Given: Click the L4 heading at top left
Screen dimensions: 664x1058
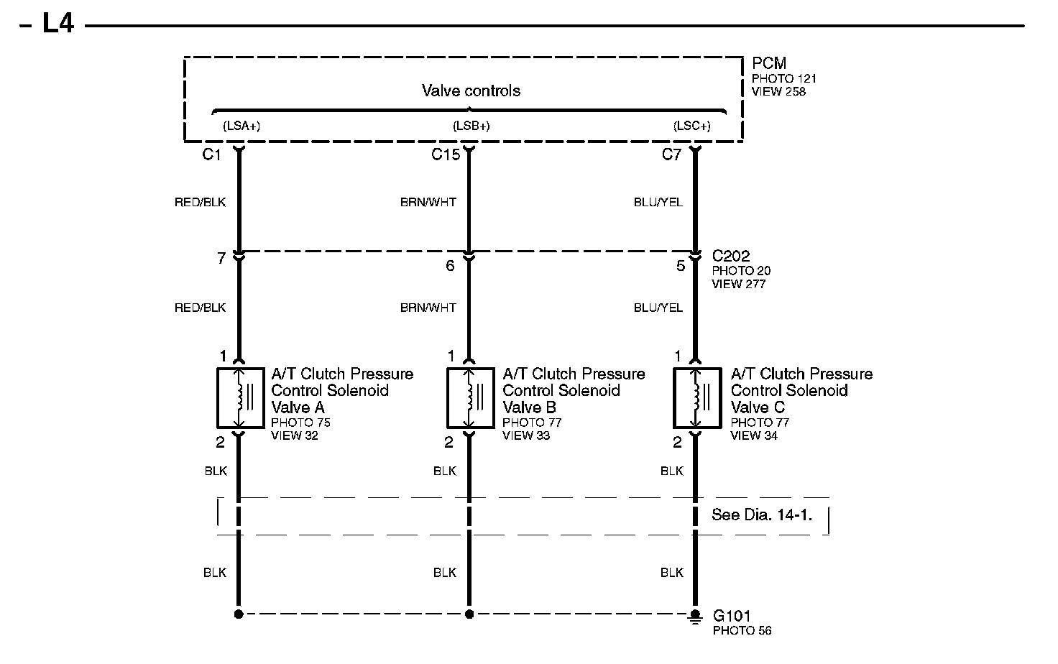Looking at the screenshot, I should pos(57,24).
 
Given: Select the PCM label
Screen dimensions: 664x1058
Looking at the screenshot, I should pos(769,63).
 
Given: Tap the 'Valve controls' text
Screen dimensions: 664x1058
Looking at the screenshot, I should pos(471,91).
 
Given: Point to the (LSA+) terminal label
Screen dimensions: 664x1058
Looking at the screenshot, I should pos(241,126).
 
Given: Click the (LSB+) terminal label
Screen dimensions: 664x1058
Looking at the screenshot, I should pos(471,126).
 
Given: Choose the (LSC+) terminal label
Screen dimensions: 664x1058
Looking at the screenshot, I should pos(692,126).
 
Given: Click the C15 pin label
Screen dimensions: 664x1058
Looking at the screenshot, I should pos(446,155).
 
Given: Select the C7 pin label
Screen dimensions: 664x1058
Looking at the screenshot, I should pos(671,155).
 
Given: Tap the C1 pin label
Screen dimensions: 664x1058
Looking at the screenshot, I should pos(211,155).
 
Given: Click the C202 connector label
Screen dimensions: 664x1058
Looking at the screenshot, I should pos(731,256).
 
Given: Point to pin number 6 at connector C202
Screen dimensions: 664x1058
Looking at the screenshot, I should pos(450,266).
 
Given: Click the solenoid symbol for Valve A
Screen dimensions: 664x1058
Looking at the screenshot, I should pos(240,397).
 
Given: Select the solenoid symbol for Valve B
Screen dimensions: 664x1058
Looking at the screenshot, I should pos(470,397).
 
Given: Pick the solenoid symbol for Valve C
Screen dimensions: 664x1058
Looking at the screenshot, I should pos(696,397).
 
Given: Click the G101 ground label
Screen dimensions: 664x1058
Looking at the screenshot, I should pos(732,616).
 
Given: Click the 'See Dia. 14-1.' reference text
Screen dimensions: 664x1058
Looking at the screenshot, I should pos(762,515).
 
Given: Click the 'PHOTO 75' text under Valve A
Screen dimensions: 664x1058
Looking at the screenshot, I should pos(300,423).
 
